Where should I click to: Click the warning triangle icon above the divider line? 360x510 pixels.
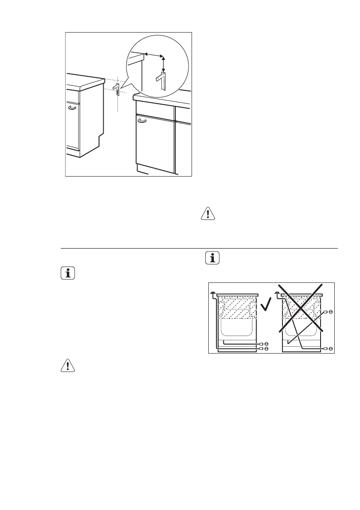(x=207, y=214)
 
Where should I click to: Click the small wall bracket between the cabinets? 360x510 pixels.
(x=117, y=90)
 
